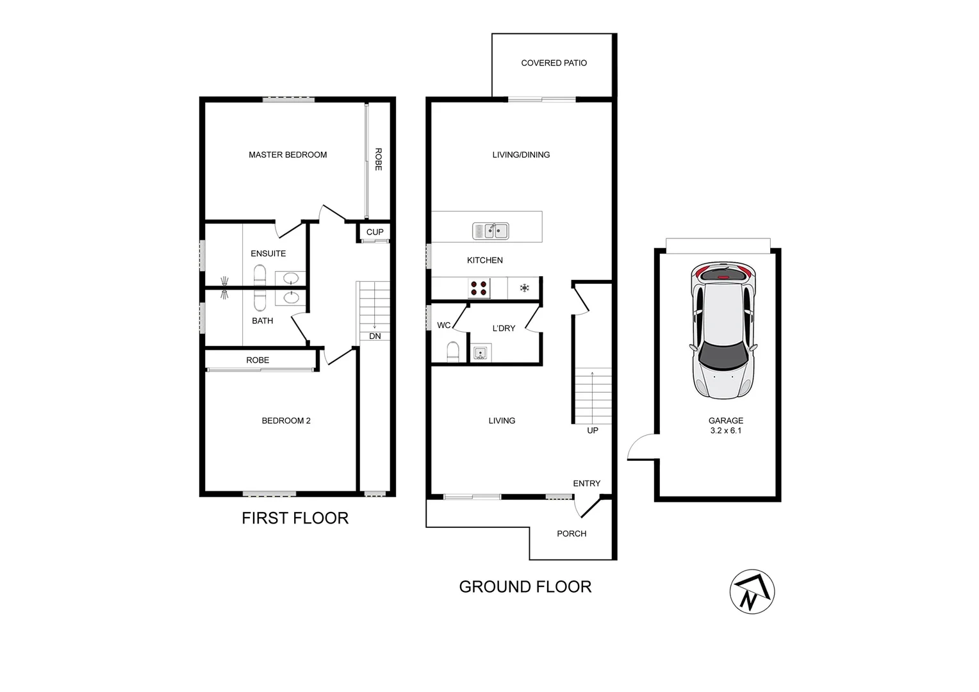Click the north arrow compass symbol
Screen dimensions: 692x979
coord(752,591)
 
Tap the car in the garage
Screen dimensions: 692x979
coord(722,331)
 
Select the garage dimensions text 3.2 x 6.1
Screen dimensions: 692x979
coord(725,431)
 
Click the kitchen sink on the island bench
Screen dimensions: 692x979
coord(491,231)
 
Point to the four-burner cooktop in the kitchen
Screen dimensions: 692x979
coord(479,288)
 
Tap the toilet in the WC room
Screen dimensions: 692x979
coord(452,352)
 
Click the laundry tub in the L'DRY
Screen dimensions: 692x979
coord(480,352)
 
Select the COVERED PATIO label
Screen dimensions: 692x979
coord(554,63)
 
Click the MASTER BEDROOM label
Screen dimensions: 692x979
coord(288,154)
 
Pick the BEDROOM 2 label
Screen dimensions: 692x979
coord(286,420)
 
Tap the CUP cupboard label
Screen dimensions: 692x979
coord(375,232)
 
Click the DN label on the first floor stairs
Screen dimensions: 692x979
coord(375,336)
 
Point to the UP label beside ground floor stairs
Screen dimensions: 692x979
coord(593,431)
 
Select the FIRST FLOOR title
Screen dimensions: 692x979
coord(295,518)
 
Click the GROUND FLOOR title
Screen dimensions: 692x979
coord(525,586)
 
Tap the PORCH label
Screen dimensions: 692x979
coord(572,533)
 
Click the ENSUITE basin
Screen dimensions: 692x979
coord(291,278)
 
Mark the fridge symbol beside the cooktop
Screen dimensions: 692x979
coord(524,288)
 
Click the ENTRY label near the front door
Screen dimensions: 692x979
coord(586,483)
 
